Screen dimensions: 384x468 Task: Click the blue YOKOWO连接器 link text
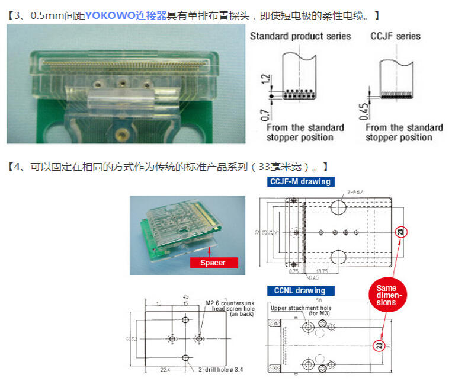coord(126,15)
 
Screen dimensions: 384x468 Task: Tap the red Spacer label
coord(213,262)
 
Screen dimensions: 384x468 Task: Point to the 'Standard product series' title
coord(300,36)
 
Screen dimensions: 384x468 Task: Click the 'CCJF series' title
coord(396,36)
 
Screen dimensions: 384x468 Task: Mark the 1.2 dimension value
coord(265,79)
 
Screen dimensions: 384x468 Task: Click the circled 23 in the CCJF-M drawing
coord(400,232)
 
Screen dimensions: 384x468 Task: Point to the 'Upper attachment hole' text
coord(301,308)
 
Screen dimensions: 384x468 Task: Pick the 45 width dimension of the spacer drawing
coord(185,297)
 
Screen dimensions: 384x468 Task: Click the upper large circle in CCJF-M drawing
coord(338,207)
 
